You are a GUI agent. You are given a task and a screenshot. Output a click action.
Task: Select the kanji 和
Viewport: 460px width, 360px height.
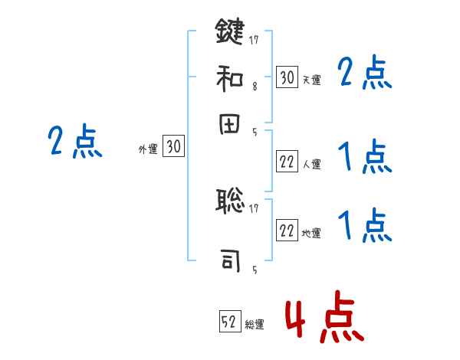pos(230,77)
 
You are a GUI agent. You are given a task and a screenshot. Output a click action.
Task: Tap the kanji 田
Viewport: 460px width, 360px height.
pos(230,126)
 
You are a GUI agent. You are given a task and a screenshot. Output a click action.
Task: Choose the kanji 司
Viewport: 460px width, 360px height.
pos(230,260)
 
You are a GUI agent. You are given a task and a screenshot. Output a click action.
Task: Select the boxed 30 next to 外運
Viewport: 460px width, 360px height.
pos(173,146)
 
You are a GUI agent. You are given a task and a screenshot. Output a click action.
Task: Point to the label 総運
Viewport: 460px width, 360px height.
pos(255,325)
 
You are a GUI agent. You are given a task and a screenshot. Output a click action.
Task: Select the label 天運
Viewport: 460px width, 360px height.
pos(311,80)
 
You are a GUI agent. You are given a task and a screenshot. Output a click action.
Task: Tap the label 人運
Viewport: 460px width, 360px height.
pos(311,164)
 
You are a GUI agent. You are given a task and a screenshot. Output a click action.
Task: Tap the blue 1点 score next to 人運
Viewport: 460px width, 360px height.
pos(366,158)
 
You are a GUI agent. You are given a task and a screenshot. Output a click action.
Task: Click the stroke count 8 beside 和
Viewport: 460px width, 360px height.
pos(254,87)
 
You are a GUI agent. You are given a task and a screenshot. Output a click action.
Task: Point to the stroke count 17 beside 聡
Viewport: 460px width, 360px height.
pos(254,207)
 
